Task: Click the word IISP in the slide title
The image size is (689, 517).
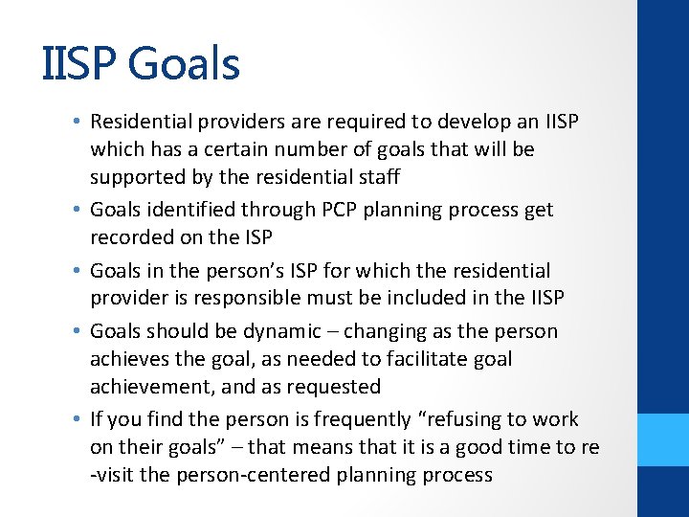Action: tap(79, 63)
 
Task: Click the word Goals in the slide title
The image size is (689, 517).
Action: tap(183, 63)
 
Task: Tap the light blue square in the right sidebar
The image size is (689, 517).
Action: tap(663, 439)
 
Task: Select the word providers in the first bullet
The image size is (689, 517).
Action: tap(224, 123)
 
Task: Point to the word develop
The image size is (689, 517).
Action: tap(478, 123)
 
